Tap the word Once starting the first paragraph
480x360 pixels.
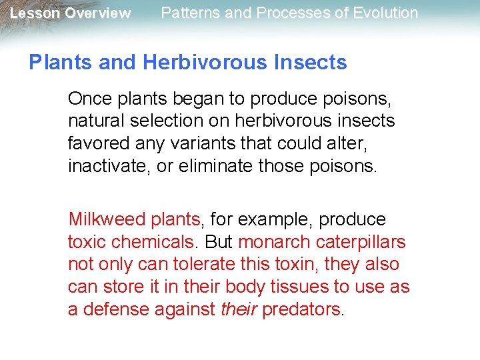pyautogui.click(x=90, y=99)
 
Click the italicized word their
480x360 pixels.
pyautogui.click(x=239, y=309)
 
